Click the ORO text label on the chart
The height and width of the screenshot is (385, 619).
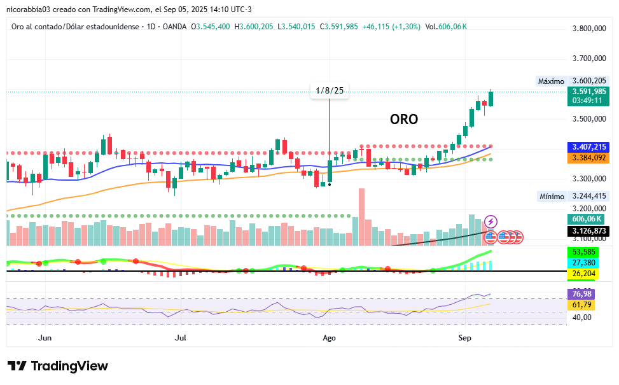click(404, 119)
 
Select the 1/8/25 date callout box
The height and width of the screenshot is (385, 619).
click(330, 90)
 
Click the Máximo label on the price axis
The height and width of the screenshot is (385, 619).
click(551, 81)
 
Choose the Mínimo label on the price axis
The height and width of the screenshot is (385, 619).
click(551, 197)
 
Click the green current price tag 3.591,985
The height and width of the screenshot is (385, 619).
click(589, 92)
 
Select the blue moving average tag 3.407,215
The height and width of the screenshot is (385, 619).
click(589, 147)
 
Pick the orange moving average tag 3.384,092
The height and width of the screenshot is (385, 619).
click(589, 157)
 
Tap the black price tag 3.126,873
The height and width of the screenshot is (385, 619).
click(589, 231)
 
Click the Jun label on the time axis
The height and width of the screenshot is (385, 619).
click(45, 338)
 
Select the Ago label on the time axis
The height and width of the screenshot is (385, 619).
click(329, 338)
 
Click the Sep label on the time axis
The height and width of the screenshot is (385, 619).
click(465, 338)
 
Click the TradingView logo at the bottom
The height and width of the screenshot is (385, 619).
click(58, 366)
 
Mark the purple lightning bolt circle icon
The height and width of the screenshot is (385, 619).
click(491, 221)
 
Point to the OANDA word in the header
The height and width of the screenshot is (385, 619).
click(175, 26)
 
